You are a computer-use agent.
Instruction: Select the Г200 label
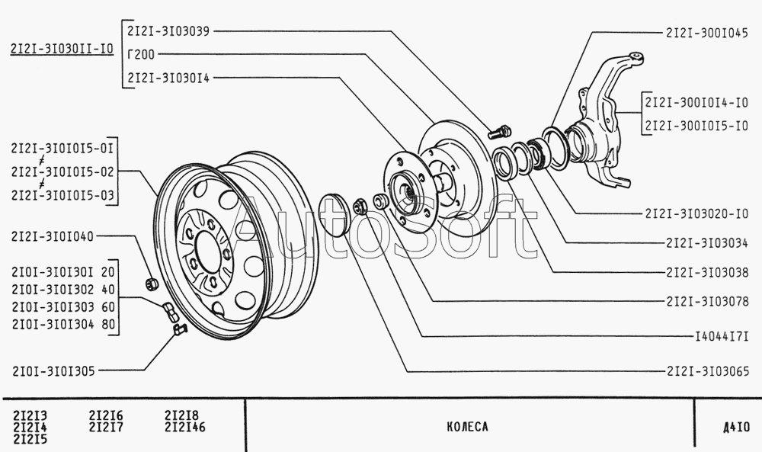point(141,54)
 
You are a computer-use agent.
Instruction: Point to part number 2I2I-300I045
point(707,34)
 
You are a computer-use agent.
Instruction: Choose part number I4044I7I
point(722,335)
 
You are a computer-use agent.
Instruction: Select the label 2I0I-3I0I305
point(53,371)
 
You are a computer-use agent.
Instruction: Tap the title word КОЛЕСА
point(467,427)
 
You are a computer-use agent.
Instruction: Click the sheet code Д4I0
point(732,427)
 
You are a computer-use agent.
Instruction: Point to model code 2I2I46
point(184,427)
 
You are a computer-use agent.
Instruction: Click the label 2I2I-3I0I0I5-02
point(62,172)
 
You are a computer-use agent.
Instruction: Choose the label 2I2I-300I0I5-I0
point(696,126)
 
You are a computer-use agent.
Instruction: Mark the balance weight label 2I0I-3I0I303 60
point(63,307)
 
